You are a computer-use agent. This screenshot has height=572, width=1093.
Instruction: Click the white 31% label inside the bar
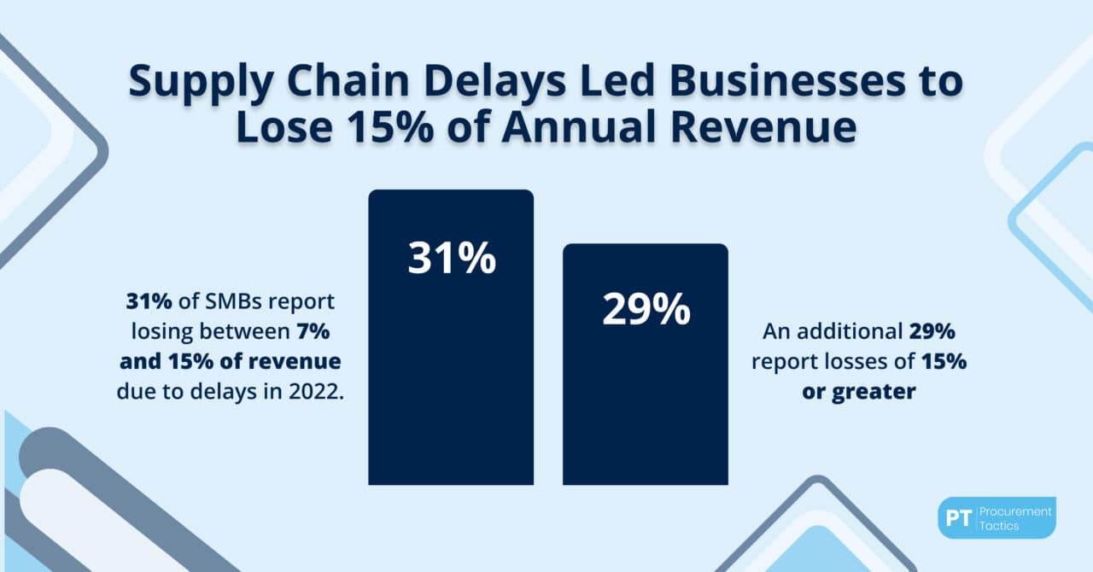(451, 257)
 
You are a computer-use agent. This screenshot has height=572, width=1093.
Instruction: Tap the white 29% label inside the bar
(646, 310)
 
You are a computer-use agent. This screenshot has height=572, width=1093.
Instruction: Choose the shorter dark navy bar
(646, 401)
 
